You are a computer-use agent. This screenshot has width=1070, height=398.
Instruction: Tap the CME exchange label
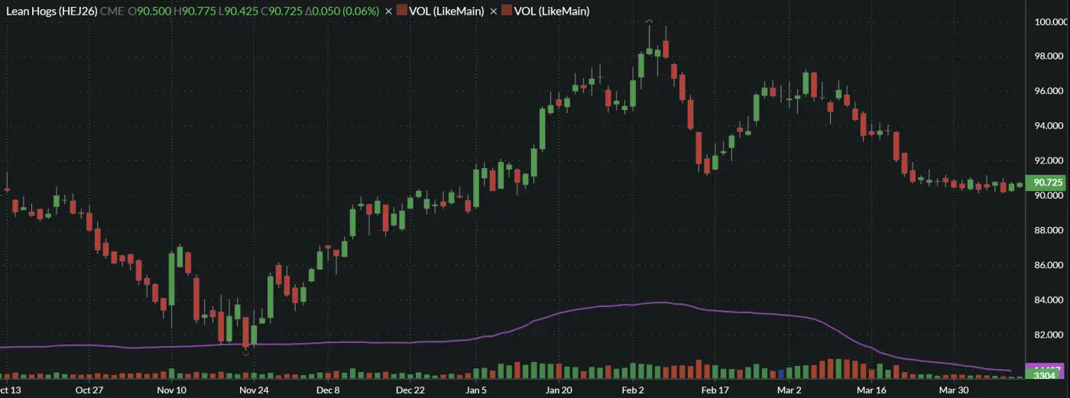pos(112,11)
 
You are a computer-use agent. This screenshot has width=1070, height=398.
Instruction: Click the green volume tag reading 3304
pos(1044,375)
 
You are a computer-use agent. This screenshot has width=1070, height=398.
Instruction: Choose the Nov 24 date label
pos(254,390)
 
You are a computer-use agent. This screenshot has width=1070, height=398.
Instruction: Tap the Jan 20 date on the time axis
pos(559,390)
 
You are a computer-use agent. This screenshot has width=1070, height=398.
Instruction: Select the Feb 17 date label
pos(715,390)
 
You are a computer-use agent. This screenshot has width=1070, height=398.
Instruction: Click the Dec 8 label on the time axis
pos(328,390)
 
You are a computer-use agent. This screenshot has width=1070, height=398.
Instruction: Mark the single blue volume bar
pos(781,374)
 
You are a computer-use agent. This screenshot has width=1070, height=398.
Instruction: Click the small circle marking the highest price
pos(649,22)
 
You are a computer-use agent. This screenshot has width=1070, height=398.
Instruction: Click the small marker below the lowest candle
pos(245,353)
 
